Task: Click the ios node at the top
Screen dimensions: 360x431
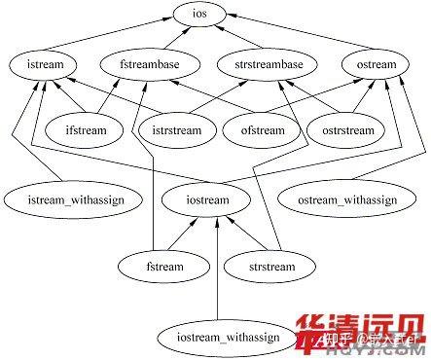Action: coord(211,16)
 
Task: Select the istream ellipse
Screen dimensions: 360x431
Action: coord(41,65)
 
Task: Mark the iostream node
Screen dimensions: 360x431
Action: coord(205,199)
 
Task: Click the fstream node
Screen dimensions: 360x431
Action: coord(164,265)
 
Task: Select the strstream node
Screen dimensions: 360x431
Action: coord(260,265)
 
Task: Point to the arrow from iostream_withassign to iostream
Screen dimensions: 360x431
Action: coord(217,272)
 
